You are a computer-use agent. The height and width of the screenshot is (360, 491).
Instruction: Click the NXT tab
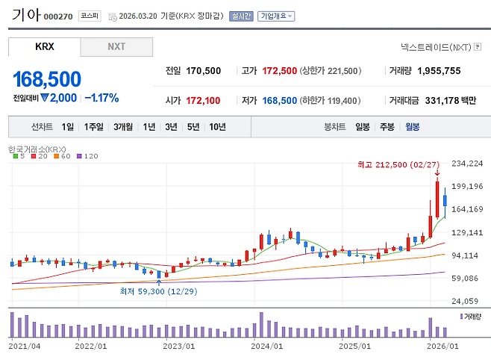point(116,46)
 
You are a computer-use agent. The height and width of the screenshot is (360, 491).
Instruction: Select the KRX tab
point(45,46)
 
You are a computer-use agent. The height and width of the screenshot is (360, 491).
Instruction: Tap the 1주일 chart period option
point(94,126)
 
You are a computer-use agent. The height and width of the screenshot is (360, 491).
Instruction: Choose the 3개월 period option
point(124,126)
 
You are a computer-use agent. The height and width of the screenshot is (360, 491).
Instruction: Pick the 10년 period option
point(217,126)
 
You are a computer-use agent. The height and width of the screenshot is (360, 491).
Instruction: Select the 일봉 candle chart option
point(363,126)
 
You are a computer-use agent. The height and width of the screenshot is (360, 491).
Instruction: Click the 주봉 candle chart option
point(387,126)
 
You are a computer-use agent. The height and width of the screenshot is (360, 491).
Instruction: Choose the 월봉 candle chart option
point(412,126)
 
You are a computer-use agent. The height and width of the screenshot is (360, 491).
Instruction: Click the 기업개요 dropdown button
point(276,16)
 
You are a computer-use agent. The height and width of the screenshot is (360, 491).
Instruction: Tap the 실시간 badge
point(242,16)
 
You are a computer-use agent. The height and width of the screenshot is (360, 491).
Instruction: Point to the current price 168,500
point(47,79)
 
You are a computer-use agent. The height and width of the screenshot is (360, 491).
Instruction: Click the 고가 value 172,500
point(280,71)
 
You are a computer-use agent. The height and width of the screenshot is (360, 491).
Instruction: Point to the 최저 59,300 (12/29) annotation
point(158,291)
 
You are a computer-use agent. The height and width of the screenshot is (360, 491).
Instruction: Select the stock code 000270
point(58,16)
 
